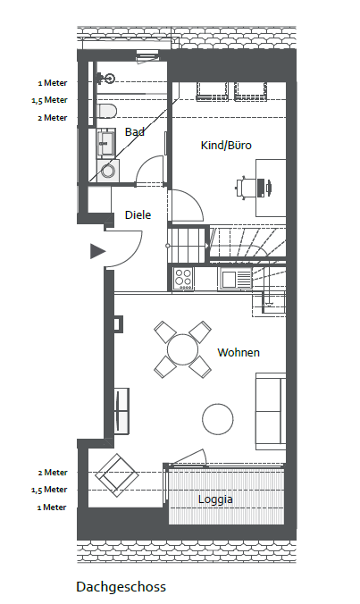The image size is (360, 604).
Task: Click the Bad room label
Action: (135, 131)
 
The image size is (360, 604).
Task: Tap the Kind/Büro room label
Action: (226, 146)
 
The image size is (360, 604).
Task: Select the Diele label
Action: (138, 214)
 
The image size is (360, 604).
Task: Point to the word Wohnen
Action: (239, 352)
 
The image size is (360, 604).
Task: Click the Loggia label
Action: (215, 499)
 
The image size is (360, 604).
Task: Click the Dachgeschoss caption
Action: (121, 587)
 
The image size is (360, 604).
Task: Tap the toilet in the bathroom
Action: (106, 111)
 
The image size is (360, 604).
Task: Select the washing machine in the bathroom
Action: (108, 171)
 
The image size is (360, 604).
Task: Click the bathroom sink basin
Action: (106, 143)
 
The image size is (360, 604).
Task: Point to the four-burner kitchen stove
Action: (183, 278)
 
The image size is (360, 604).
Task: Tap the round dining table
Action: (182, 349)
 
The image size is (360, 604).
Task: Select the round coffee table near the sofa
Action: (218, 419)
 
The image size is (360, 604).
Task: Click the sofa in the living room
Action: (271, 411)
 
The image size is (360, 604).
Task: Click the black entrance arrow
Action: (97, 251)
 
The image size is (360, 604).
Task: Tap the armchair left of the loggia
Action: (117, 475)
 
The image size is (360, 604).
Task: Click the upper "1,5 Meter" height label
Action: (49, 100)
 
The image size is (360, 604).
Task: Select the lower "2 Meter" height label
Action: (53, 473)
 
